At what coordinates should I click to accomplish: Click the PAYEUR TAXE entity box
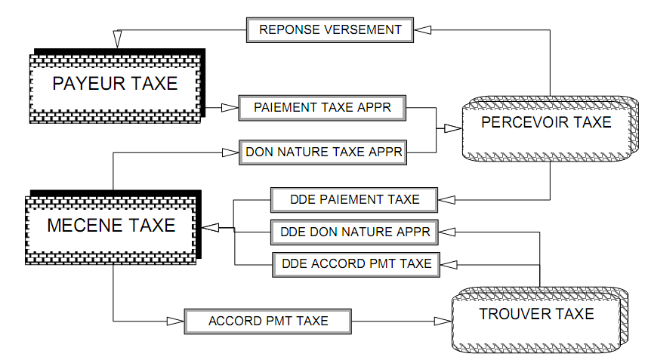point(115,83)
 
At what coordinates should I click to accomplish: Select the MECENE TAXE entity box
point(111,225)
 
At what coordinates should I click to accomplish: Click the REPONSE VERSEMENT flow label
point(330,30)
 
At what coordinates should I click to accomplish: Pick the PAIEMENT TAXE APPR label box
point(322,107)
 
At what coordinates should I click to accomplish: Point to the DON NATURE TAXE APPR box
point(322,152)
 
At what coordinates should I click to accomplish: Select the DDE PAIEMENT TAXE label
point(354,200)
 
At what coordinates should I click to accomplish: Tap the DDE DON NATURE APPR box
point(354,232)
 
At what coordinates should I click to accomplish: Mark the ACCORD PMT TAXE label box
point(268,321)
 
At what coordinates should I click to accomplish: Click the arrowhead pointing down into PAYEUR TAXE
point(117,38)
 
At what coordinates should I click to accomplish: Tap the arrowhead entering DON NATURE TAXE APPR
point(230,152)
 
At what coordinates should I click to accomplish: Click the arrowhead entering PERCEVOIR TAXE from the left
point(452,129)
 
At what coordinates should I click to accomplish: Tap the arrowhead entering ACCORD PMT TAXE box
point(175,321)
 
